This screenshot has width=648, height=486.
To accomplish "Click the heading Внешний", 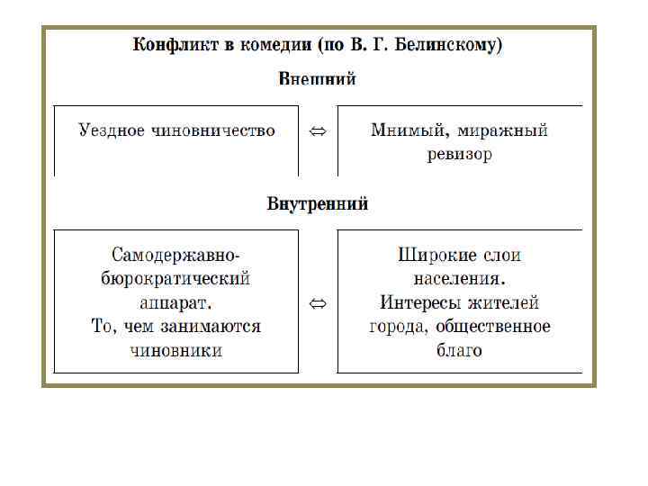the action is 318,78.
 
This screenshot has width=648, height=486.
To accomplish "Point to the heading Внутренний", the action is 318,203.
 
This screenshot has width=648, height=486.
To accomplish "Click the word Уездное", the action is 112,130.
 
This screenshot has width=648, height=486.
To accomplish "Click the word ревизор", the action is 460,154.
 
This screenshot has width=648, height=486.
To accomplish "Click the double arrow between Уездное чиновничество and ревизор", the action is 318,131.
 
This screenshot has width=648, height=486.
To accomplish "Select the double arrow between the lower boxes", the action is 318,303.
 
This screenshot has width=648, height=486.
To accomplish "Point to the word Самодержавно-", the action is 176,255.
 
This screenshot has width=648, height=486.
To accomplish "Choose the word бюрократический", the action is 176,278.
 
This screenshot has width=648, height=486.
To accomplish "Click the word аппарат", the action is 176,302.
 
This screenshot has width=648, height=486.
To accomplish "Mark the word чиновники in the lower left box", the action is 176,350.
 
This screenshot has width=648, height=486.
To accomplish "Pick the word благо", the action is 460,350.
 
